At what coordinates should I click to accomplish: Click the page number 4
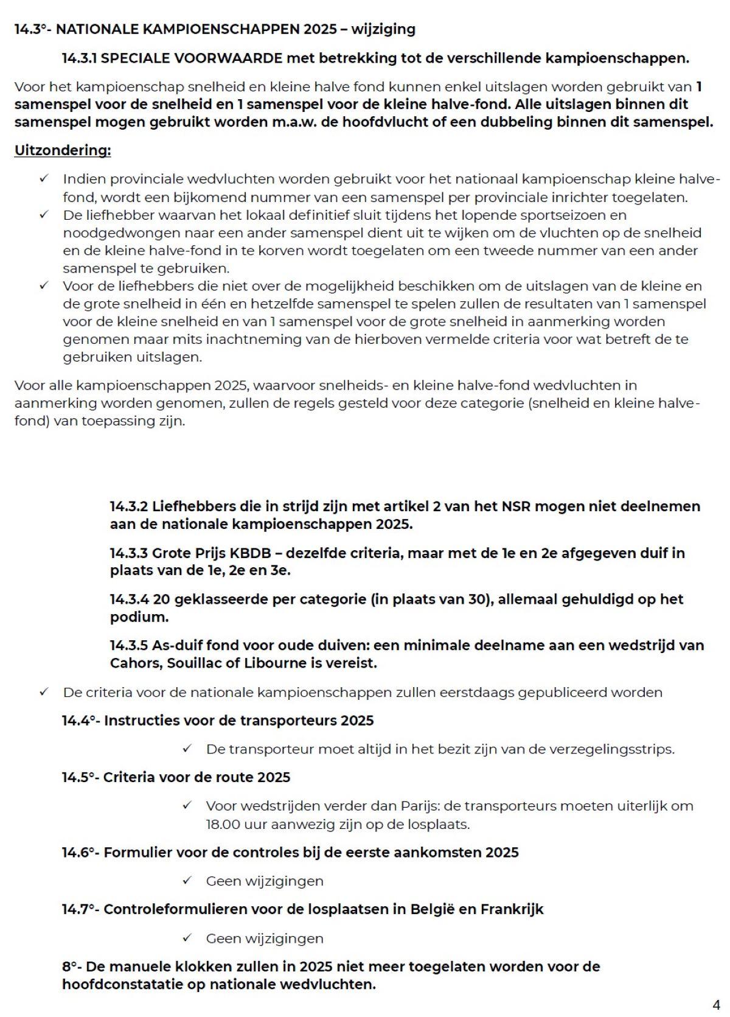click(716, 1004)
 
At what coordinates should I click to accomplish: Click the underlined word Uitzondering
click(63, 150)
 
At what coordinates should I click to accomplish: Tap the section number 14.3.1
click(80, 58)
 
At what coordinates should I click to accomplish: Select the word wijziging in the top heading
click(383, 29)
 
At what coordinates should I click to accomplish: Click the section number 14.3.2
click(128, 506)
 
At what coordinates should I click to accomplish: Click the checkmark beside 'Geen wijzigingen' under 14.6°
click(187, 881)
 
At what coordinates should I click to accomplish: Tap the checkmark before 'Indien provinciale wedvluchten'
click(44, 179)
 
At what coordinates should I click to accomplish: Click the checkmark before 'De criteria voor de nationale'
click(44, 693)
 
